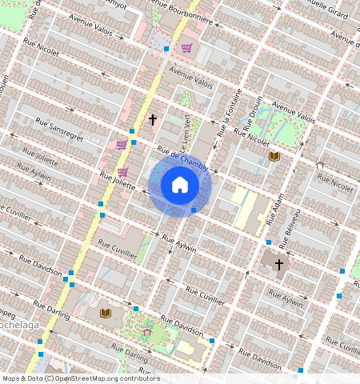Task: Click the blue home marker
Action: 180,185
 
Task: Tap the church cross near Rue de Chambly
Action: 153,120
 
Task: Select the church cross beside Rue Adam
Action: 279,264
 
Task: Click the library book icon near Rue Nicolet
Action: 274,156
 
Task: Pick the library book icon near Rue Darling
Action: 105,313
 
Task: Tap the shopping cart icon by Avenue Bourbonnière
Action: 186,49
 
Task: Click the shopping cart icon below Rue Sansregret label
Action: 122,145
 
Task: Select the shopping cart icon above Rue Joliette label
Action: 122,171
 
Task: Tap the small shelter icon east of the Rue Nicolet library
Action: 320,166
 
